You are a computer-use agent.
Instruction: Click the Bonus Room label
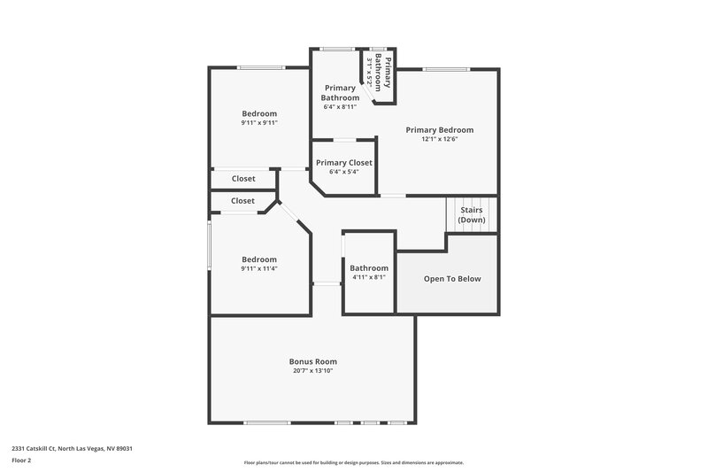tap(312, 361)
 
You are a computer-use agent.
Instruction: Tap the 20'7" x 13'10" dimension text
tap(312, 371)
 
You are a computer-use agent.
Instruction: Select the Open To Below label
tap(452, 279)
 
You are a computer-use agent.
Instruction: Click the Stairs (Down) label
tap(472, 215)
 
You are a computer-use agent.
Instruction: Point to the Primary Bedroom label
tap(439, 130)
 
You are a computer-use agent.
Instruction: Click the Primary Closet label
tap(344, 163)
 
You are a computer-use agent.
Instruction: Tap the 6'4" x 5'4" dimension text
tap(344, 172)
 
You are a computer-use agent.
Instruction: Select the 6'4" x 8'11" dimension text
tap(339, 106)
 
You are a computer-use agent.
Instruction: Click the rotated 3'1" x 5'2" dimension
tap(369, 70)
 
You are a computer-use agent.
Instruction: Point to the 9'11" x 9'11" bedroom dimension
tap(259, 123)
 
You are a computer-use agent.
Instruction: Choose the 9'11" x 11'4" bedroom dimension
tap(259, 268)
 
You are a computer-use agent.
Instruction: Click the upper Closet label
tap(243, 179)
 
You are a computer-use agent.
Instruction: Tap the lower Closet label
tap(242, 201)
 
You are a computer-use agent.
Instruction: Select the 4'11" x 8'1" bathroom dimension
tap(368, 277)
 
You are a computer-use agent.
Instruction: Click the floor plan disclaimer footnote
tap(353, 462)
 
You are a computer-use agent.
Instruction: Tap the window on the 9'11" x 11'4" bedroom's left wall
tap(209, 244)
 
